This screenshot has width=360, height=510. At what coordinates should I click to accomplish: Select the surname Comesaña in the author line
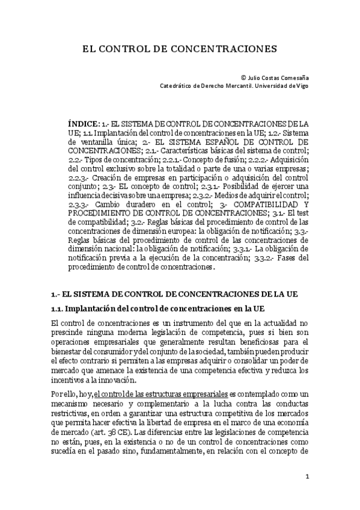point(294,78)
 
